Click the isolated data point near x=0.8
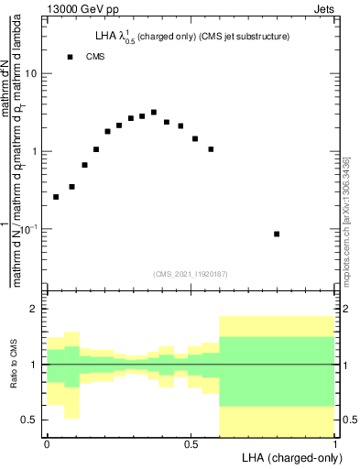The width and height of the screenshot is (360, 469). point(277,234)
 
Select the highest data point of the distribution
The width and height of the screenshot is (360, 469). point(154,112)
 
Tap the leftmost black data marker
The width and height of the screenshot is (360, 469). point(56,197)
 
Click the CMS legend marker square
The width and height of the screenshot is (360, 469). point(70,57)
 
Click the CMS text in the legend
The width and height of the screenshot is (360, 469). point(95,57)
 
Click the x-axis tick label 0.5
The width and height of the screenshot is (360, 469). point(191,444)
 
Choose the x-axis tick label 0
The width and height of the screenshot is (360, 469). point(47,444)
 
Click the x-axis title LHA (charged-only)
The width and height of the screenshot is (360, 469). point(288,457)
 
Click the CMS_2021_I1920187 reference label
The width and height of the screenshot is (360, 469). point(190,273)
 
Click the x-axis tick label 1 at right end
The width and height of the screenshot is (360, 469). point(334,444)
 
